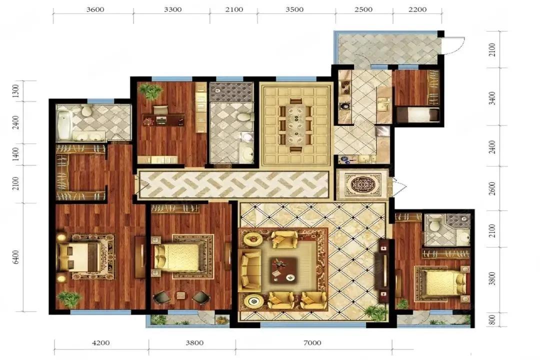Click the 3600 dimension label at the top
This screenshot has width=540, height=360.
tap(95, 10)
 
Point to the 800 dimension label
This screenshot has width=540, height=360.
tap(493, 319)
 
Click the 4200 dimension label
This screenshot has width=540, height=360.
tap(100, 343)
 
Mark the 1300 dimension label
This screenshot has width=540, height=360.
tap(16, 91)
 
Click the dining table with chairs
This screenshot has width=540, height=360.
tap(295, 125)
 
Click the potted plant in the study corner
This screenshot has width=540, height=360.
tap(150, 91)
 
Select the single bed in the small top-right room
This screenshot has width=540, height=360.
tap(418, 115)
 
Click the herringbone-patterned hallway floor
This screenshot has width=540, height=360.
tap(232, 184)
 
